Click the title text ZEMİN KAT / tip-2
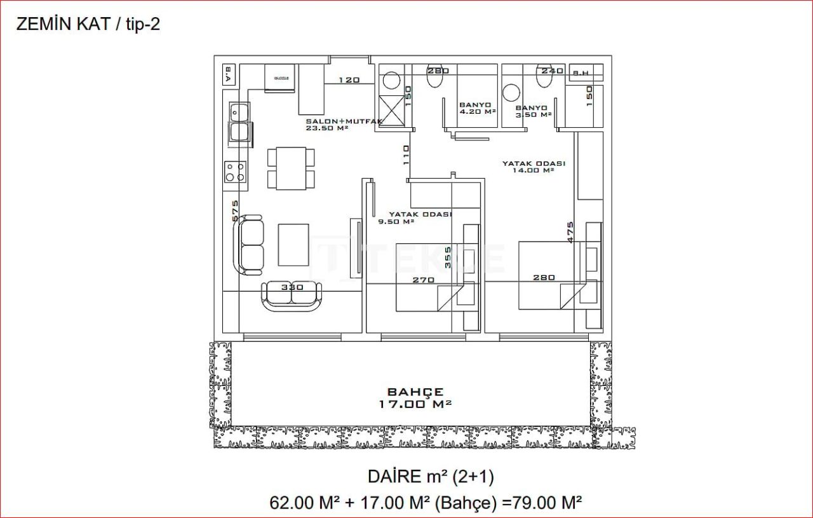(88, 25)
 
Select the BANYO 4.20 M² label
(476, 108)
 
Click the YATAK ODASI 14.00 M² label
(534, 167)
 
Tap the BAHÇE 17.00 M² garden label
(416, 398)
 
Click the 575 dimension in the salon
(235, 211)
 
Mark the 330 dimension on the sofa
(292, 287)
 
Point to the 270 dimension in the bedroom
(423, 280)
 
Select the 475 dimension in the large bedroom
(570, 231)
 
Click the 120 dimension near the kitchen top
(349, 80)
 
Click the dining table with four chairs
(291, 168)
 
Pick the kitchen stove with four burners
(234, 172)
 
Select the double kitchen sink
(239, 122)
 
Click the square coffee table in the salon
(293, 245)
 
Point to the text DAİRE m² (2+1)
(430, 476)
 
